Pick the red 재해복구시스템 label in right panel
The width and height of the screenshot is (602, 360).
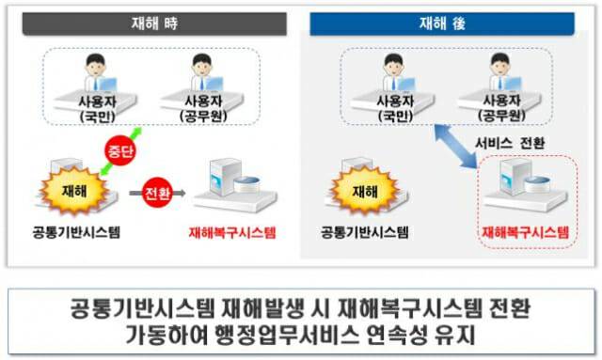525,232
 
